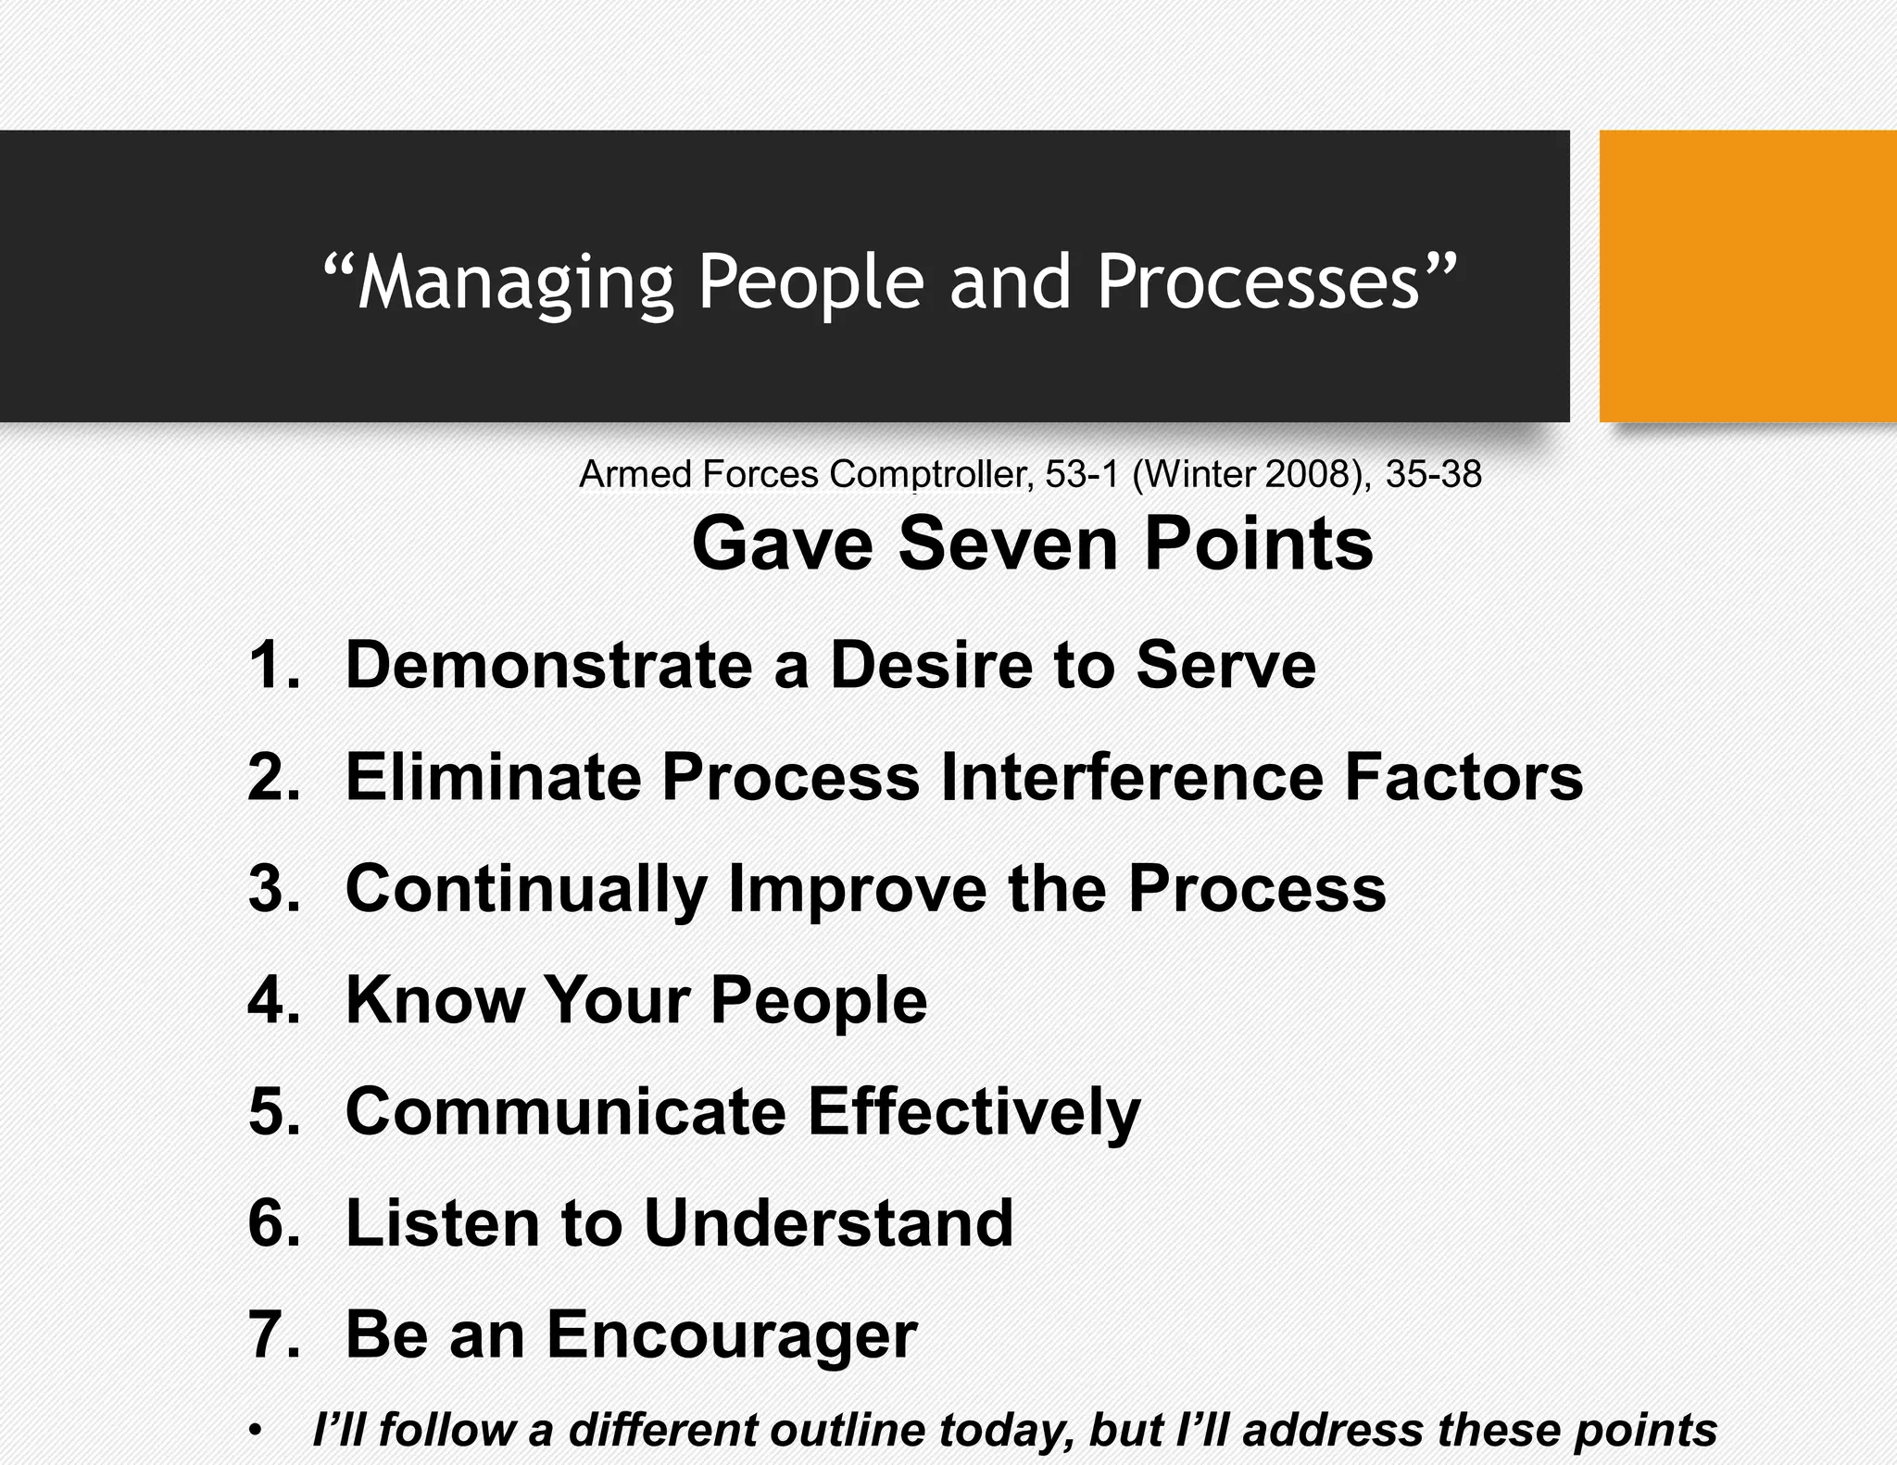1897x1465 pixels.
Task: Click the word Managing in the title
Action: (x=516, y=282)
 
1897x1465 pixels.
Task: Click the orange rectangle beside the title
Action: (x=1747, y=276)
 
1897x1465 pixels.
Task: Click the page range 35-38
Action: (x=1433, y=474)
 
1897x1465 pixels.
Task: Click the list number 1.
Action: (x=272, y=665)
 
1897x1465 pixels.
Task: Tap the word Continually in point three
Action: (x=526, y=889)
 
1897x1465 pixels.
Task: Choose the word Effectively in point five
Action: (x=974, y=1111)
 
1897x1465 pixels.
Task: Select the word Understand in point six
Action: (x=828, y=1223)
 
